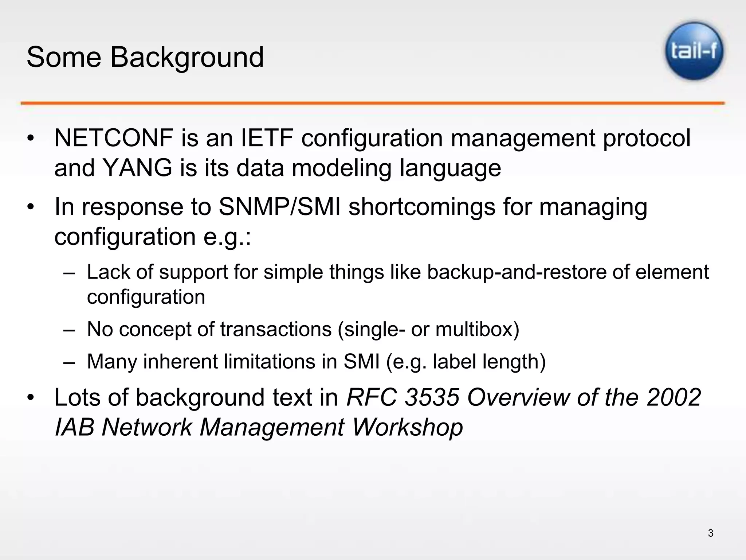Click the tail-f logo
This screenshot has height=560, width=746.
coord(694,51)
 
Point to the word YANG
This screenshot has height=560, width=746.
coord(138,168)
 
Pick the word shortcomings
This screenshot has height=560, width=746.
coord(422,207)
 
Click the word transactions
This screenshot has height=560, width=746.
coord(276,329)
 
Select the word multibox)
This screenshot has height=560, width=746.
coord(477,329)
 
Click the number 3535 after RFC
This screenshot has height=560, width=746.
coord(432,397)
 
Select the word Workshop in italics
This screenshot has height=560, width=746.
coord(407,427)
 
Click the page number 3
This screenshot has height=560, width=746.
coord(710,533)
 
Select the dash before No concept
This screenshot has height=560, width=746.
coord(69,329)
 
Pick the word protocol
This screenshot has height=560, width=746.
coord(646,139)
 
